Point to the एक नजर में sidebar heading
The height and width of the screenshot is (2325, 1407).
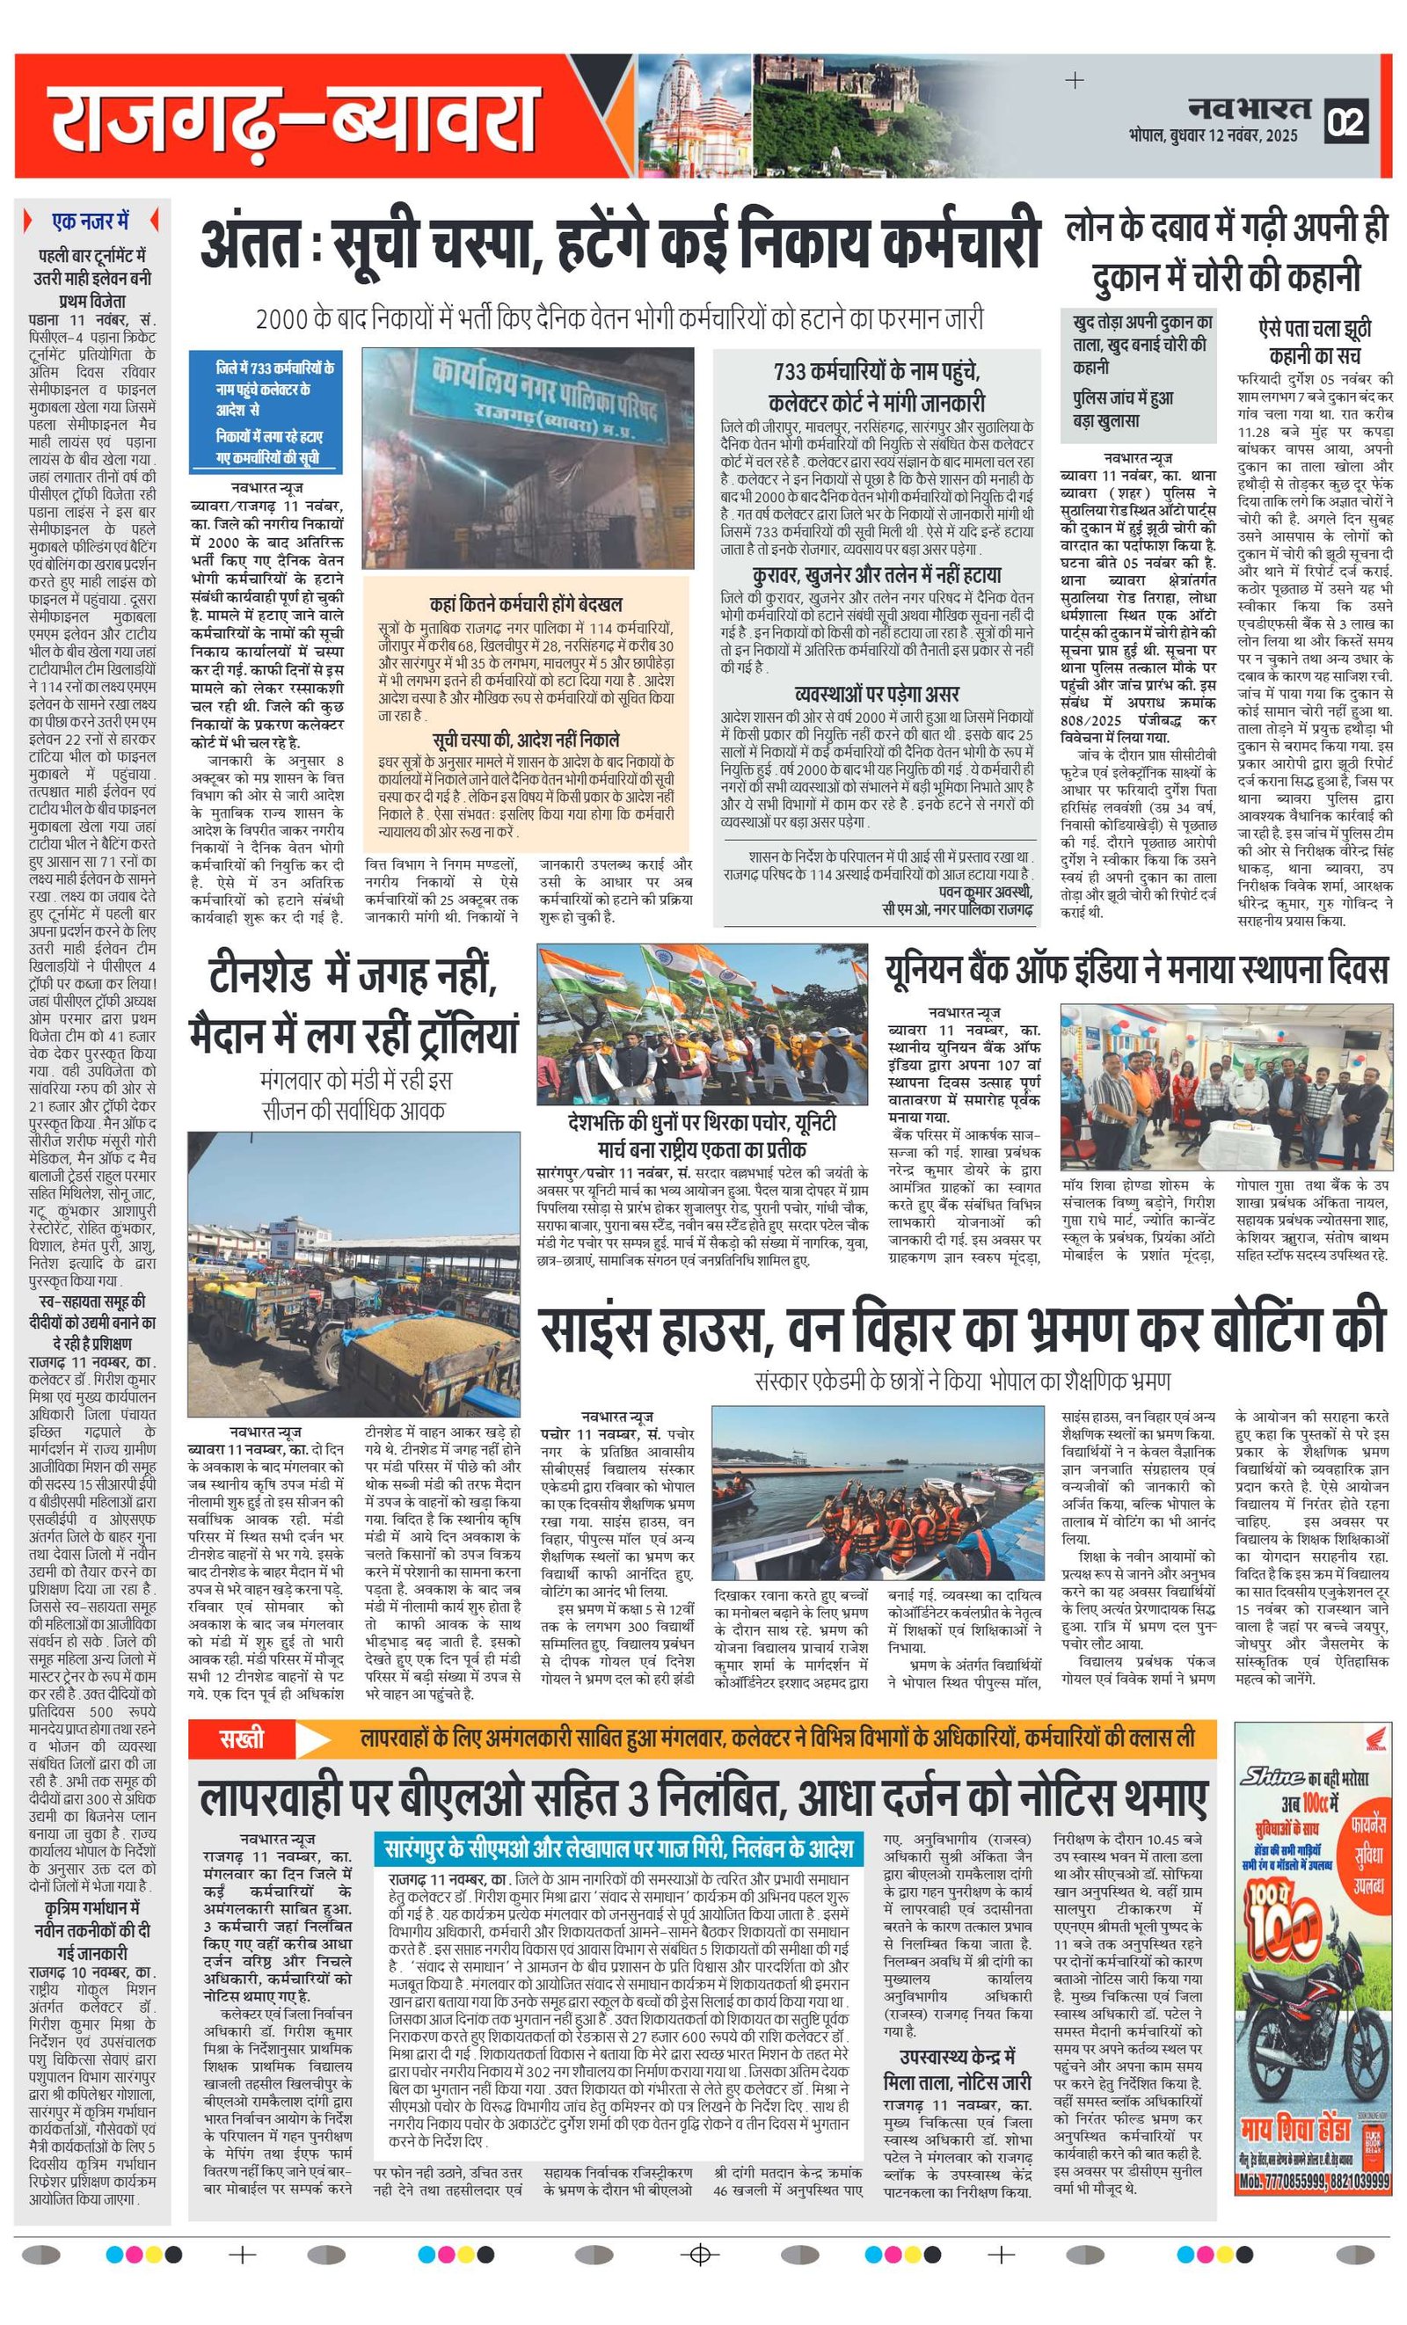[x=91, y=222]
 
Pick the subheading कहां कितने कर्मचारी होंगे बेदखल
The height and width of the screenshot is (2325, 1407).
[x=526, y=604]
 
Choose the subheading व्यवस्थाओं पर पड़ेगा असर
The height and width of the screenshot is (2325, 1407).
[x=877, y=695]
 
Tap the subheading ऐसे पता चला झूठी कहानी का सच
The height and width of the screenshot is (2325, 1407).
[x=1315, y=341]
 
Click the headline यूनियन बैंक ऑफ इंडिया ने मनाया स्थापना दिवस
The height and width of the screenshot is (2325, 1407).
[x=1136, y=970]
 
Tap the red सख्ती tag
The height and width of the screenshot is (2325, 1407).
[x=242, y=1739]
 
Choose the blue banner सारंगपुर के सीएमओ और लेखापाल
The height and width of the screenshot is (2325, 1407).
[x=621, y=1848]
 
